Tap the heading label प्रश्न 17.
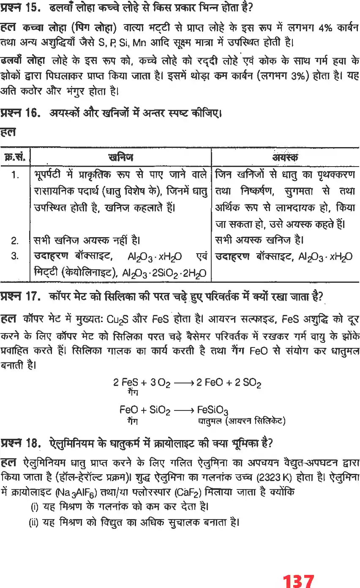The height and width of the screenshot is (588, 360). [19, 296]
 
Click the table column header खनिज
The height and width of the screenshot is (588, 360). [121, 158]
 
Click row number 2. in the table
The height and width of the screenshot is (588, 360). [15, 241]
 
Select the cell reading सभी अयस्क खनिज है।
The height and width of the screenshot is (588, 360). [259, 241]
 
